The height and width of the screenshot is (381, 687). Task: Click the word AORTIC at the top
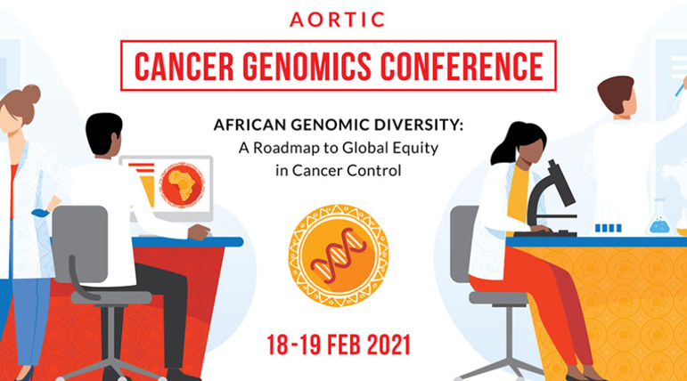tap(343, 19)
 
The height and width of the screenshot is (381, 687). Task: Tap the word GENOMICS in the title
tap(305, 65)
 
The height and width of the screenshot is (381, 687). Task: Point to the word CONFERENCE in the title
tap(463, 65)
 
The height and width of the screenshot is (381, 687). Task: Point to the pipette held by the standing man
tap(679, 87)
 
